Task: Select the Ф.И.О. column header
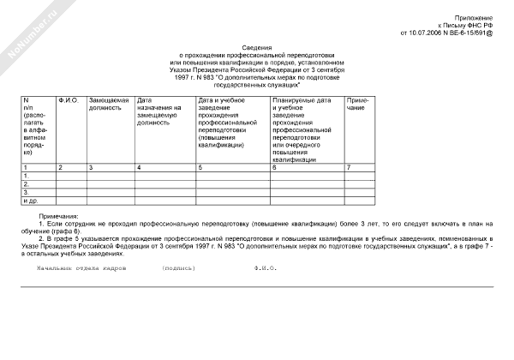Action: coord(69,101)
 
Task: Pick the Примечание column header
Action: coord(359,105)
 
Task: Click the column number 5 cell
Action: coord(200,166)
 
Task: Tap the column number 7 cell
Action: coord(349,166)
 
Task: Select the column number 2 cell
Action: coord(60,166)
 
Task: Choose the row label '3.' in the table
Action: coord(27,192)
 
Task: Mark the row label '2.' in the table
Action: coord(27,183)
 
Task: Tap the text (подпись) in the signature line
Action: coord(178,267)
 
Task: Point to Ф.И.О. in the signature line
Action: coord(266,267)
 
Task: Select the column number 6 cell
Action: coord(274,166)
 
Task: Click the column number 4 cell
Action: coord(139,166)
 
